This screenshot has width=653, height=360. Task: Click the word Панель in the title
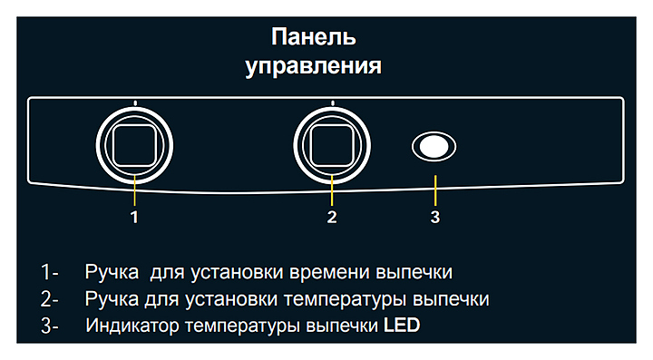pyautogui.click(x=314, y=37)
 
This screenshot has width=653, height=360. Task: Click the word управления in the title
pyautogui.click(x=313, y=66)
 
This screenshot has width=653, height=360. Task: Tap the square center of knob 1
pyautogui.click(x=134, y=146)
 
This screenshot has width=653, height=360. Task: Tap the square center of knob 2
pyautogui.click(x=332, y=146)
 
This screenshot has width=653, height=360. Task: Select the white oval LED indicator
pyautogui.click(x=434, y=147)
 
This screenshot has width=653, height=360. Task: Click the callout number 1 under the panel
pyautogui.click(x=134, y=218)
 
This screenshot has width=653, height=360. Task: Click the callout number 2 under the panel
pyautogui.click(x=332, y=218)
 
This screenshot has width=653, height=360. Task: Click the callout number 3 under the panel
pyautogui.click(x=435, y=218)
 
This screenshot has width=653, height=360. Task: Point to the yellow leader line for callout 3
pyautogui.click(x=435, y=190)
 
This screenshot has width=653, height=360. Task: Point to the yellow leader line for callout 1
pyautogui.click(x=134, y=190)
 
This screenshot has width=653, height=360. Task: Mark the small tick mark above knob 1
pyautogui.click(x=135, y=102)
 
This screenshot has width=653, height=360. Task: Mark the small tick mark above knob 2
pyautogui.click(x=332, y=102)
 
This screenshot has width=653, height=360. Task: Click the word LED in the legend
pyautogui.click(x=402, y=325)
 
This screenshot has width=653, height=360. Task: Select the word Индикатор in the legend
pyautogui.click(x=132, y=326)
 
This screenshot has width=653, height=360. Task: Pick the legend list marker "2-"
pyautogui.click(x=50, y=299)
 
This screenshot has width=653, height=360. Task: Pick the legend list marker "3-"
pyautogui.click(x=50, y=326)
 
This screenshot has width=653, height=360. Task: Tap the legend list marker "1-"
pyautogui.click(x=50, y=272)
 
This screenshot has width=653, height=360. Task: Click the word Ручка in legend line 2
pyautogui.click(x=112, y=299)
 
